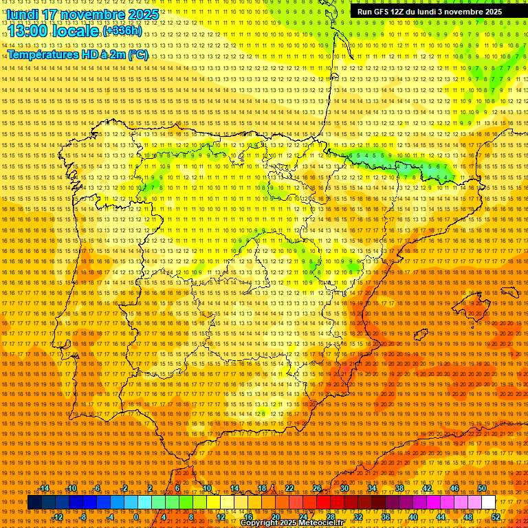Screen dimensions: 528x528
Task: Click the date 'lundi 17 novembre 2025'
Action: [x=82, y=14]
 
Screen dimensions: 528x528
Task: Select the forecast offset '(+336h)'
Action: [x=123, y=32]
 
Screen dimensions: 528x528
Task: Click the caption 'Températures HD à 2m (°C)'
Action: [x=78, y=54]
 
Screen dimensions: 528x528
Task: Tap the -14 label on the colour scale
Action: [x=45, y=488]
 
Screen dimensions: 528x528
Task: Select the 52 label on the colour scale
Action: [x=496, y=517]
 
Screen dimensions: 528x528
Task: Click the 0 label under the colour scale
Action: [x=136, y=517]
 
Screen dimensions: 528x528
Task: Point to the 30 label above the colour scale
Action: [x=344, y=488]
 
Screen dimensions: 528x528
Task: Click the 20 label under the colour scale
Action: [x=275, y=517]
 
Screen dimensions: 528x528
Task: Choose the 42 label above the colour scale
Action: [x=426, y=488]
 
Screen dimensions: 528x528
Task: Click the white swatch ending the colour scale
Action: [x=488, y=503]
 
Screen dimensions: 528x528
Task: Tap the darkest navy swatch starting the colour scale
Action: [x=34, y=503]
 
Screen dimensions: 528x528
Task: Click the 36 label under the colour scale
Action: [x=385, y=517]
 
